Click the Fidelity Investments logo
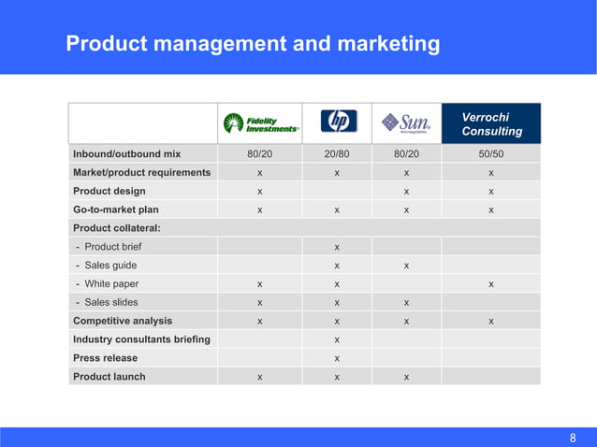(x=260, y=123)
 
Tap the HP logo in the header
(x=337, y=123)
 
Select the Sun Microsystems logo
(x=406, y=123)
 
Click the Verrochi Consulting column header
(x=491, y=123)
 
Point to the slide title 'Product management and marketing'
(x=253, y=43)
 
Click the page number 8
(x=574, y=437)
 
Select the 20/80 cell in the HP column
(x=337, y=154)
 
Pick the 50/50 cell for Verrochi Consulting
(x=491, y=154)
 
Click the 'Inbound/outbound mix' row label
(x=126, y=154)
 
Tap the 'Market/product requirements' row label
(x=141, y=173)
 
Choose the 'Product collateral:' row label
(x=116, y=228)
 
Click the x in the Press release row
(x=337, y=358)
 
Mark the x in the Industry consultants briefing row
(x=337, y=339)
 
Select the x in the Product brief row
(x=337, y=247)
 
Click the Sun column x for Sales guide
(x=406, y=266)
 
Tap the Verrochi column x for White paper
(x=491, y=284)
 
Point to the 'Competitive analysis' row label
(x=122, y=321)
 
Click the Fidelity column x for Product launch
(x=260, y=377)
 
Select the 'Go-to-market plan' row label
(x=116, y=210)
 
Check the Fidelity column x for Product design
(x=260, y=192)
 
